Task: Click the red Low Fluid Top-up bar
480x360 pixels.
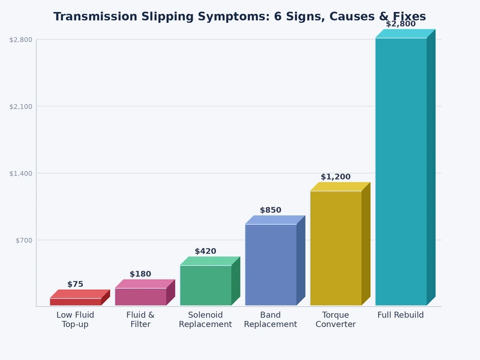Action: coord(76,302)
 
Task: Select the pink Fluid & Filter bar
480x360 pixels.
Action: coord(140,296)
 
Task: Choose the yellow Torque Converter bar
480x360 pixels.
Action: coord(336,248)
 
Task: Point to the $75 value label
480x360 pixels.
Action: coord(76,284)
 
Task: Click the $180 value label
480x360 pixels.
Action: coord(140,274)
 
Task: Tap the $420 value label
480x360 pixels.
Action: coord(205,251)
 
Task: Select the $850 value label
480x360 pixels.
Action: coord(271,211)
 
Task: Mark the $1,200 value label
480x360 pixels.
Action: coord(335,177)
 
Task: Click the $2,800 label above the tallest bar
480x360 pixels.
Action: coord(401,24)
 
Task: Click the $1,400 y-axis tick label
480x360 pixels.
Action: coord(21,173)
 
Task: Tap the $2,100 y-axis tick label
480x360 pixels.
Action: coord(21,106)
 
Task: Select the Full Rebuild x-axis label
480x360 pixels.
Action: coord(401,315)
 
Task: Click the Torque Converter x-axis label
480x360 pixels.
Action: coord(335,320)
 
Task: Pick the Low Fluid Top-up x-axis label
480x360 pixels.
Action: coord(76,320)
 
